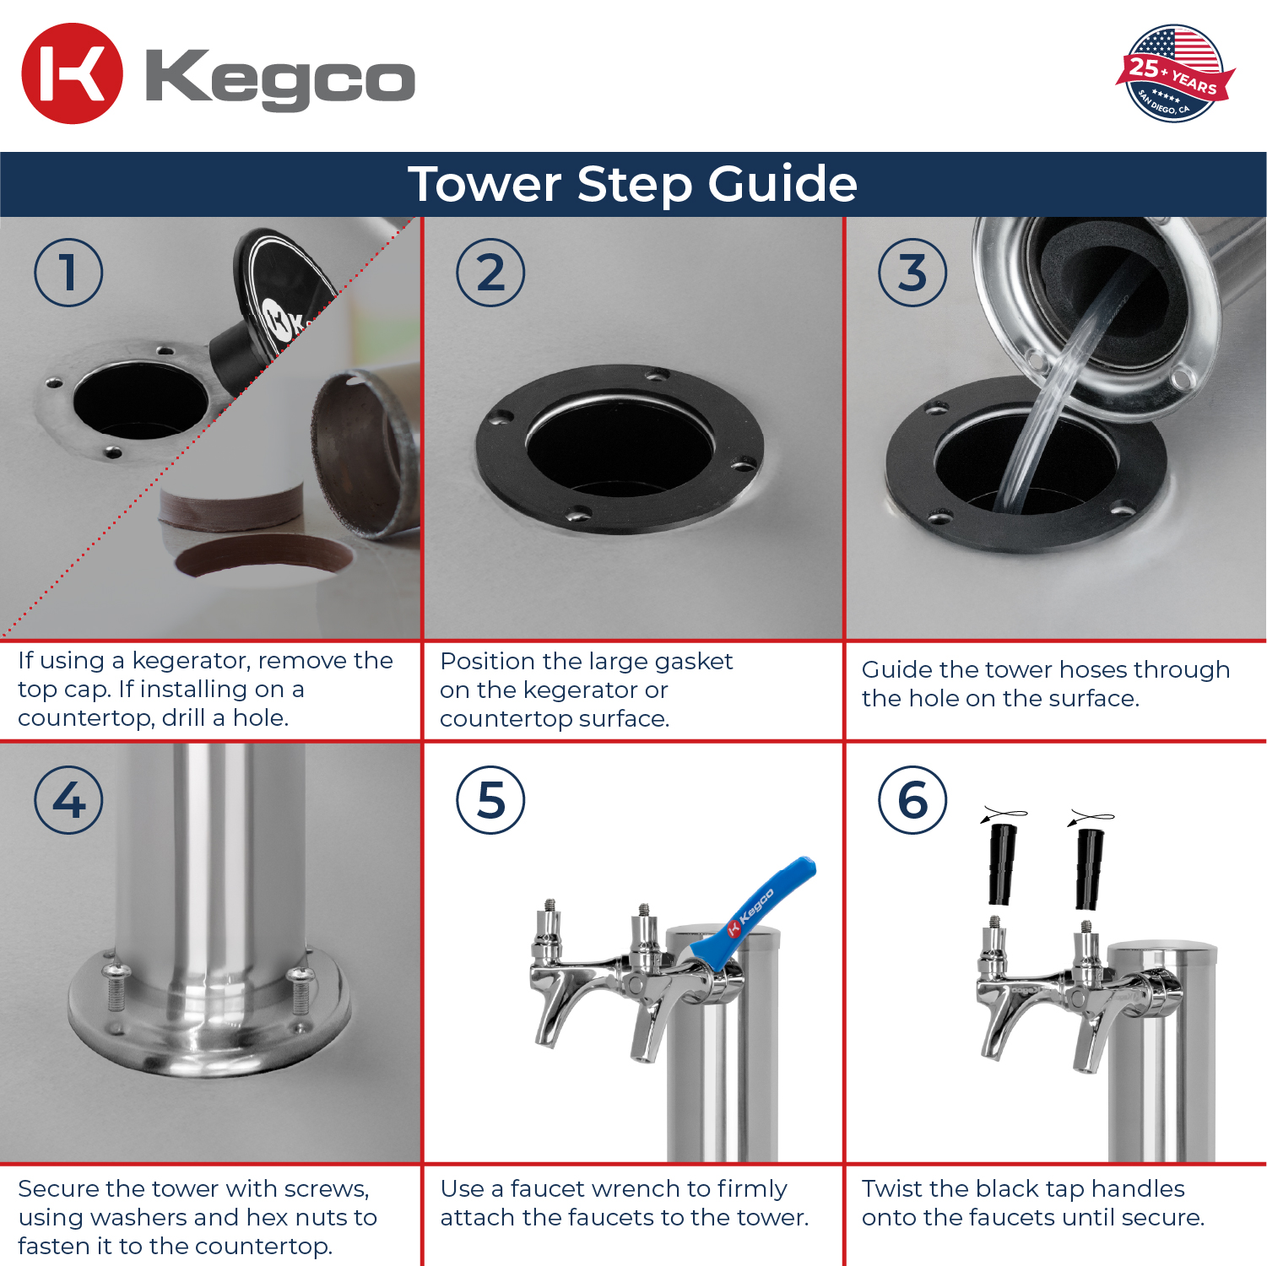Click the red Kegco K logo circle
[72, 73]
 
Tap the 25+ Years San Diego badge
[1175, 73]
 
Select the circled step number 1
[68, 273]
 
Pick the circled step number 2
[490, 273]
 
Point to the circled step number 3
[912, 273]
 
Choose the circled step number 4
[68, 800]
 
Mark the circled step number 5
[490, 800]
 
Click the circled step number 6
[912, 800]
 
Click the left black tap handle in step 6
[1002, 863]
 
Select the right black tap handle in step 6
[1089, 868]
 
